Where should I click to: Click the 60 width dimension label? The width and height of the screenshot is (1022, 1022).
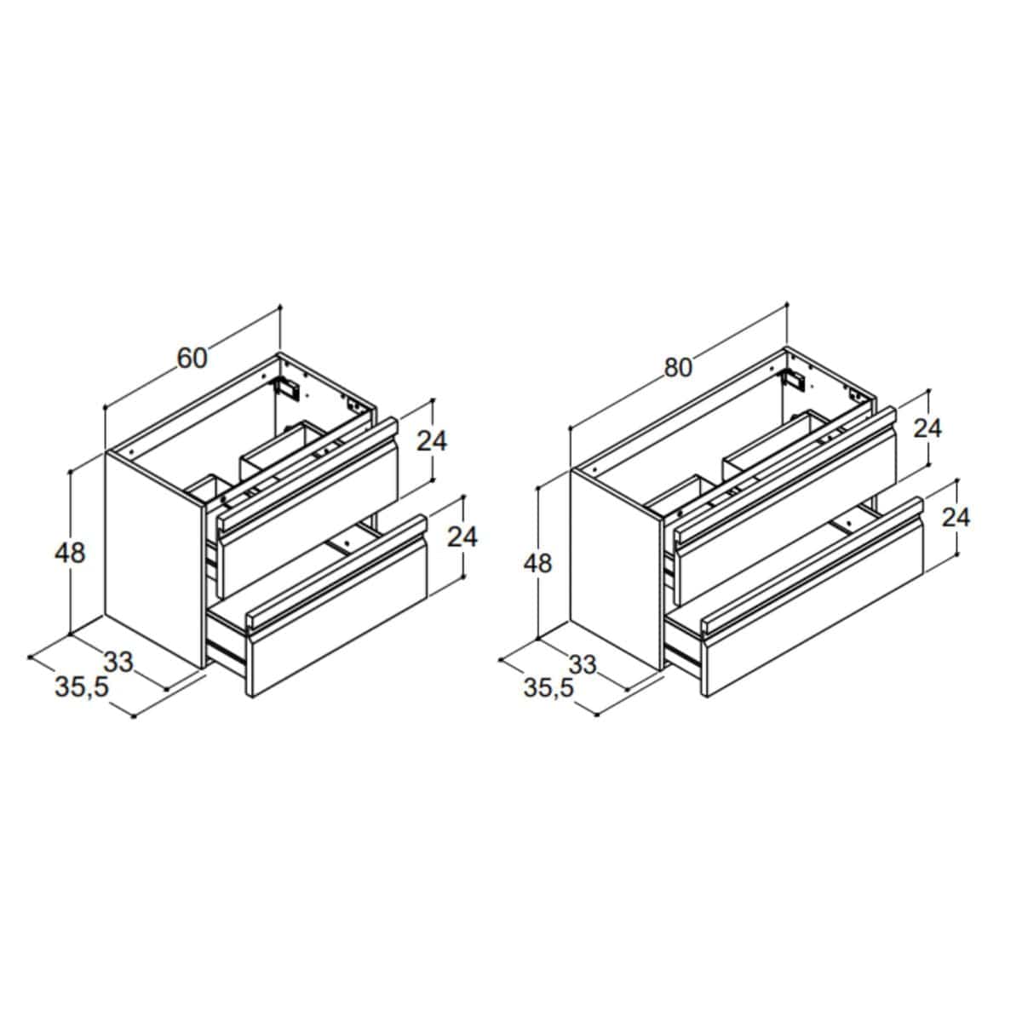(x=192, y=359)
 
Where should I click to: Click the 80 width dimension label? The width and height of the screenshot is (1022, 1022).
(x=678, y=368)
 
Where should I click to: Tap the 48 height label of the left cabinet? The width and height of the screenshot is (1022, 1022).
(x=70, y=554)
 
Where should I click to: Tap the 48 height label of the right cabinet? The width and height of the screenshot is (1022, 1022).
(x=537, y=563)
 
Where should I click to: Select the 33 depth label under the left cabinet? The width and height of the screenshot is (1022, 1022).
(x=118, y=663)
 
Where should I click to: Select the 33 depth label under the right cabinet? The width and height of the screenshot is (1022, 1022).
(x=583, y=665)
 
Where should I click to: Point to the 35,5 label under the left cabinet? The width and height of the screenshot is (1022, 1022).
(x=82, y=688)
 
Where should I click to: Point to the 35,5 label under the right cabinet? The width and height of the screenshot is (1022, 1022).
(x=548, y=689)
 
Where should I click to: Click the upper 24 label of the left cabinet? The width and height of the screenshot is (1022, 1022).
(x=432, y=440)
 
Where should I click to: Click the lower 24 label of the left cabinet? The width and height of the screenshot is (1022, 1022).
(x=462, y=537)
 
